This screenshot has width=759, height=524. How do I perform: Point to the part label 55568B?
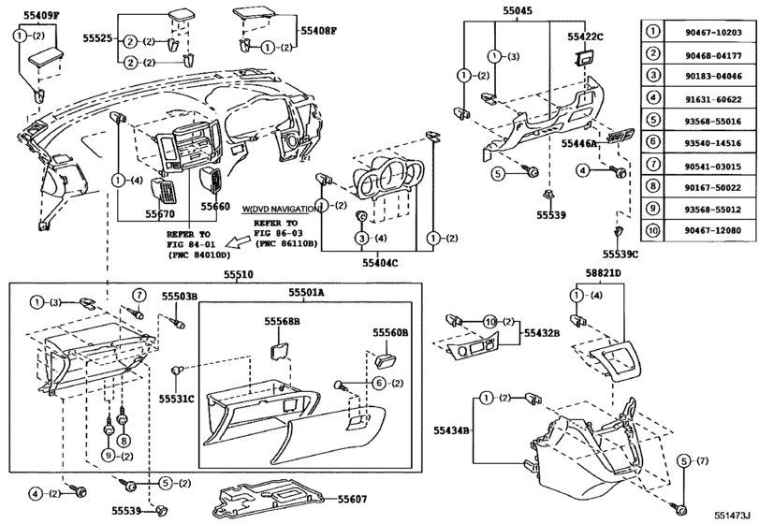coord(281,320)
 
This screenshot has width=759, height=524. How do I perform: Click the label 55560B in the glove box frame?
coord(390,331)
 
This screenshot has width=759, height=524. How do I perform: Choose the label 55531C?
coord(176,399)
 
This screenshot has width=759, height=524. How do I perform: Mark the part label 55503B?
coord(180,296)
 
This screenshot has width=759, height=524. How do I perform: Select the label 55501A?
coord(304,293)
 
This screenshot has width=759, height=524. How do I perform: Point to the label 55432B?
coord(542,331)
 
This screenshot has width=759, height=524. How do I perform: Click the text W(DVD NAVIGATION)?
coord(279,208)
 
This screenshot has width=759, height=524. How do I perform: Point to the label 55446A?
coord(580,145)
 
